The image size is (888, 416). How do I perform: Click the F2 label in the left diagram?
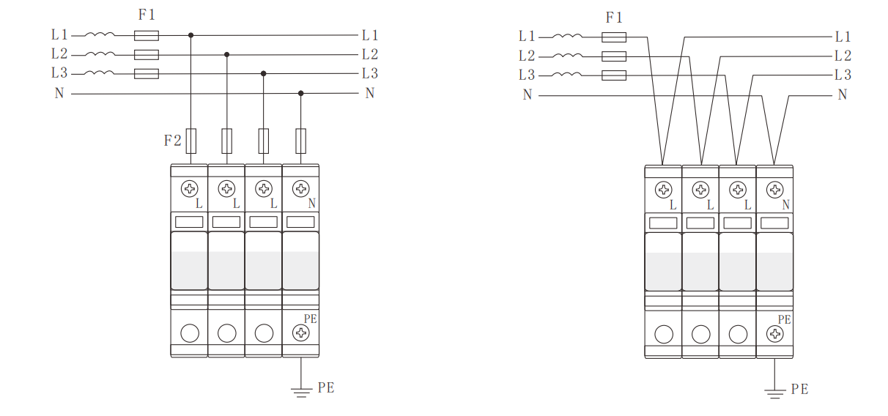[x=172, y=140]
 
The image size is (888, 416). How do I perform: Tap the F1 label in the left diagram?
[x=147, y=15]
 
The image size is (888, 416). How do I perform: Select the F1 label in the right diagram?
[x=614, y=18]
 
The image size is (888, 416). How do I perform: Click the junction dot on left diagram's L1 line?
[x=190, y=35]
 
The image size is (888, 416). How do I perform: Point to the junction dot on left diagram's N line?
[x=301, y=94]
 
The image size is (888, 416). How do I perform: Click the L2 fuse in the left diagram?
[x=147, y=55]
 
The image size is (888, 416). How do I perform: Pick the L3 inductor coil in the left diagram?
[x=100, y=73]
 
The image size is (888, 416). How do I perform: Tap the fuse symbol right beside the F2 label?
[x=191, y=141]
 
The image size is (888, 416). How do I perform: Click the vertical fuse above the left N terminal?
[x=301, y=141]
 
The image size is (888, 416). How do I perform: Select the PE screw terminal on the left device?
[x=301, y=333]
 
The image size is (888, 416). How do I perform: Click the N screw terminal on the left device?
[x=301, y=188]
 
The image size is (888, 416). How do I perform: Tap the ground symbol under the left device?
[x=301, y=393]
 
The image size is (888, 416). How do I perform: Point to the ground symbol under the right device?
[x=774, y=394]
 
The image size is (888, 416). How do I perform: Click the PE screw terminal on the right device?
[x=775, y=334]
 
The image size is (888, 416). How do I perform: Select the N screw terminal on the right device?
[x=775, y=190]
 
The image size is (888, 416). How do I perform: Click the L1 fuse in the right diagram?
[x=614, y=37]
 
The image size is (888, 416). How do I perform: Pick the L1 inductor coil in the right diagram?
[x=567, y=36]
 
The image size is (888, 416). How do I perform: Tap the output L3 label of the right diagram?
[x=843, y=75]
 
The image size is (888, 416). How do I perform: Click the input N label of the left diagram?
[x=59, y=94]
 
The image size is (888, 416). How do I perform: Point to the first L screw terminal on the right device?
[x=664, y=190]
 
